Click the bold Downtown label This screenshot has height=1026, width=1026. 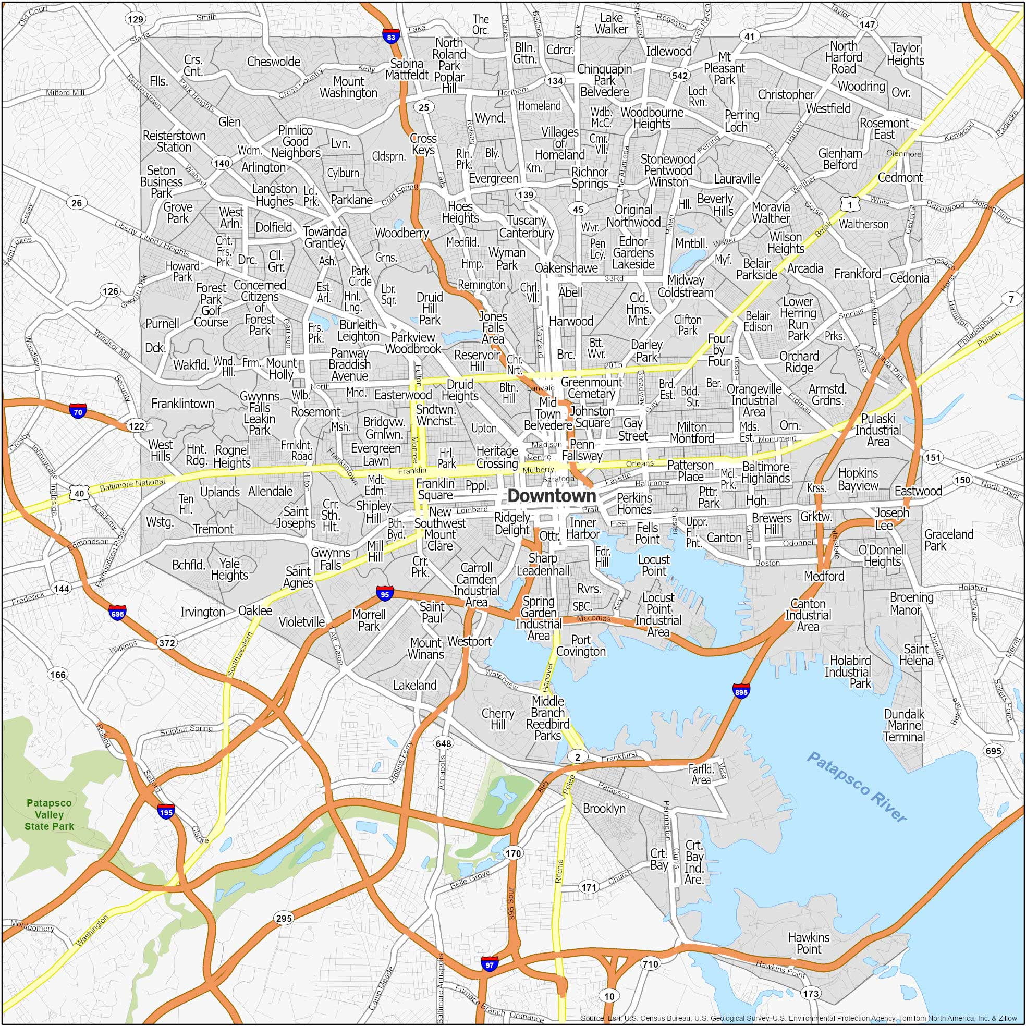click(x=552, y=496)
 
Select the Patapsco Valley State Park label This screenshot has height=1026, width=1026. click(x=50, y=815)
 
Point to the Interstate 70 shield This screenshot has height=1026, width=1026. click(x=78, y=410)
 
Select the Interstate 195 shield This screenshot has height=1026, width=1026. click(x=166, y=812)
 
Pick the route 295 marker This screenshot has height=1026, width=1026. click(x=284, y=918)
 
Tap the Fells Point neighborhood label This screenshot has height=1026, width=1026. click(x=648, y=533)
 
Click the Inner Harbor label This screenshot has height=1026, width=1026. click(x=583, y=529)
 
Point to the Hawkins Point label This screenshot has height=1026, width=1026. click(x=809, y=943)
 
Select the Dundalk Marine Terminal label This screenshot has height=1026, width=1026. click(x=904, y=725)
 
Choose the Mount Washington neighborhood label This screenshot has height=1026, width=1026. click(x=348, y=87)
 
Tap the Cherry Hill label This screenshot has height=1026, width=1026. click(x=497, y=719)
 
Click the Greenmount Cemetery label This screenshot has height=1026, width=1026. click(x=591, y=388)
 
